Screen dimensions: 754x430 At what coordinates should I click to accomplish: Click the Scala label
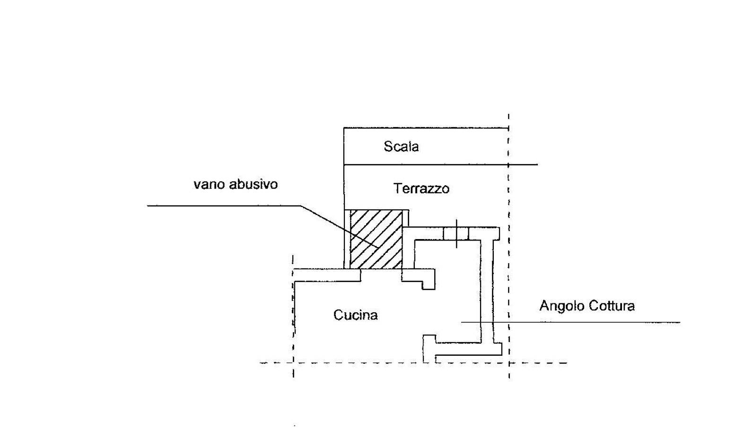pyautogui.click(x=401, y=146)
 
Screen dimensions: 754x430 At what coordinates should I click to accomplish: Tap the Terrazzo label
pyautogui.click(x=421, y=189)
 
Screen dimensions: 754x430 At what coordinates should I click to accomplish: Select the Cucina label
pyautogui.click(x=355, y=315)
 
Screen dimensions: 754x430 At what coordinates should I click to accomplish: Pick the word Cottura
pyautogui.click(x=611, y=306)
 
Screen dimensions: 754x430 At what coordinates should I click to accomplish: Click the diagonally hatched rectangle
pyautogui.click(x=376, y=240)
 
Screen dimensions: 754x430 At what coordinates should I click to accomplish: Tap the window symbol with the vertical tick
pyautogui.click(x=456, y=233)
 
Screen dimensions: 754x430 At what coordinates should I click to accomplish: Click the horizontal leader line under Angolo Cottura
pyautogui.click(x=570, y=322)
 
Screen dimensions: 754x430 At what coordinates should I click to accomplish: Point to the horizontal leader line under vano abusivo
pyautogui.click(x=224, y=206)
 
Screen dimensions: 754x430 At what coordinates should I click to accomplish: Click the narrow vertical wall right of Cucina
pyautogui.click(x=487, y=292)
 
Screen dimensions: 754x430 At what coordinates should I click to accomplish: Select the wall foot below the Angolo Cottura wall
pyautogui.click(x=463, y=349)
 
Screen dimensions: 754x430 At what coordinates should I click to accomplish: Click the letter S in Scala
pyautogui.click(x=388, y=146)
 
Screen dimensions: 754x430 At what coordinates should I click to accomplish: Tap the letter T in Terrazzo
pyautogui.click(x=397, y=189)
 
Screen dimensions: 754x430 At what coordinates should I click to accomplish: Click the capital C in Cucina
pyautogui.click(x=338, y=315)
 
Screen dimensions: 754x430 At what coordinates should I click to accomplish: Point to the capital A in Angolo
pyautogui.click(x=544, y=306)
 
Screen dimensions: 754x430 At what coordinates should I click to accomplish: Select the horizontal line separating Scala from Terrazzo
pyautogui.click(x=440, y=165)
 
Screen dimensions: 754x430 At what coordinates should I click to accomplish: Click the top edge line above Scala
pyautogui.click(x=426, y=128)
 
